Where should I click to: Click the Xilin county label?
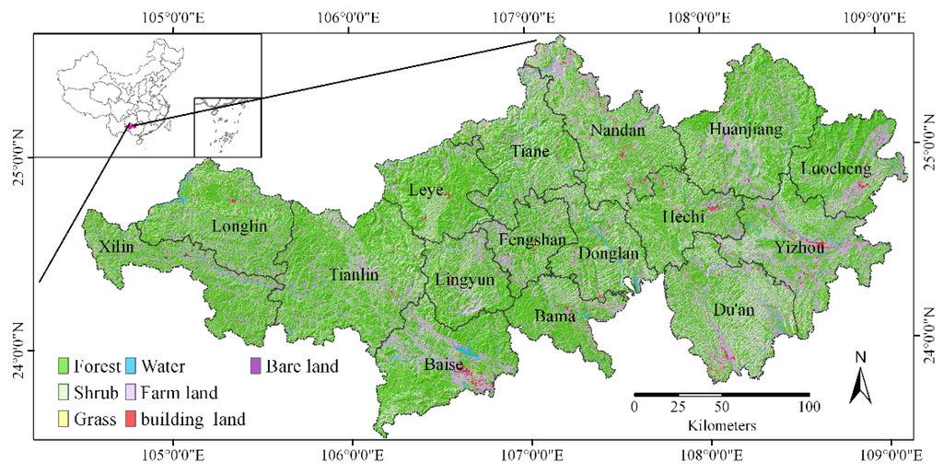point(116,247)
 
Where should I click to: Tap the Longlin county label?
point(239,225)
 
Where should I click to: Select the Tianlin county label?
point(354,274)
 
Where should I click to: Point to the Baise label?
point(443,365)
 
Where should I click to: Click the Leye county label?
point(426,190)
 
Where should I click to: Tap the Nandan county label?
point(617,130)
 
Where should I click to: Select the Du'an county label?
point(734,310)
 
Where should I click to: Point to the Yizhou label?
point(799,247)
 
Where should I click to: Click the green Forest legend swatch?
point(64,366)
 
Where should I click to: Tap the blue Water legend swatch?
point(131,366)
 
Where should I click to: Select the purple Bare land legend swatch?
point(257,366)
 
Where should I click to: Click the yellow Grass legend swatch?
point(64,421)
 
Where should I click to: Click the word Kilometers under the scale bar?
point(722,426)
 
